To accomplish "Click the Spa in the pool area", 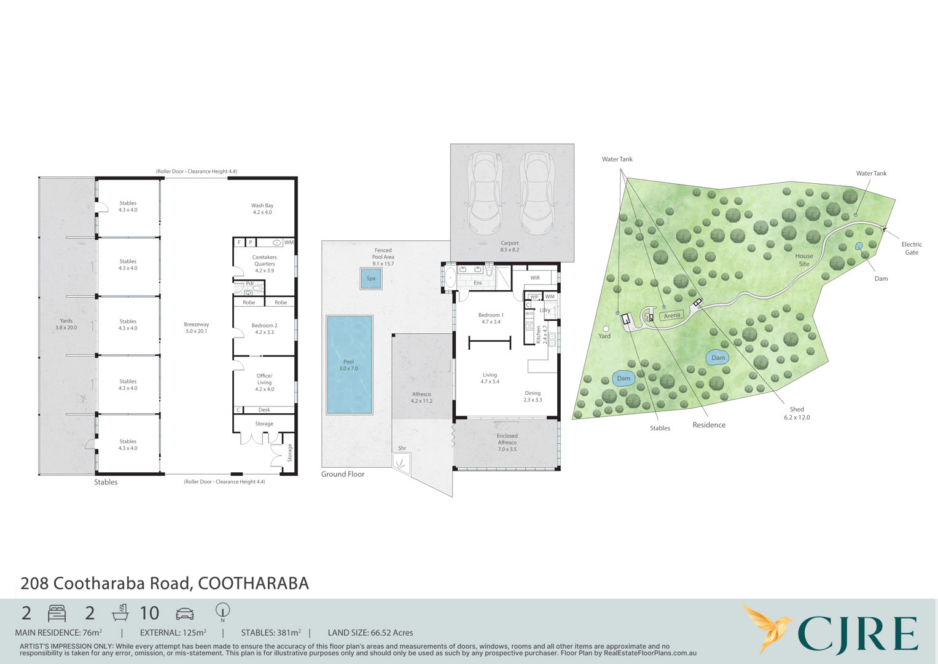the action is [371, 279].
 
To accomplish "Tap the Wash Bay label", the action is [262, 209].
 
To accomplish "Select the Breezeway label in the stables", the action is [197, 327].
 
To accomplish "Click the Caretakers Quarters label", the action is [265, 264].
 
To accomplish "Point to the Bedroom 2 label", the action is [264, 329].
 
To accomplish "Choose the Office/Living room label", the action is [264, 382].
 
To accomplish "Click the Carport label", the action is [510, 246].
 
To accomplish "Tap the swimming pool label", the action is [348, 365].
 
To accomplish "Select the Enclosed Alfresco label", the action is [507, 442].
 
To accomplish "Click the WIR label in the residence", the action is [535, 277].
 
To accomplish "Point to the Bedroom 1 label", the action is [491, 318].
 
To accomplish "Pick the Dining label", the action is [533, 396].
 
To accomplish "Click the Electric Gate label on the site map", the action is [912, 248].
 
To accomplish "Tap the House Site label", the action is [804, 259].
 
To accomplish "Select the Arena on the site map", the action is [671, 315].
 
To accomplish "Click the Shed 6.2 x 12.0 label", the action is [797, 413].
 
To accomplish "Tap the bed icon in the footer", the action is [57, 614].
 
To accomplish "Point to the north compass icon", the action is [222, 612].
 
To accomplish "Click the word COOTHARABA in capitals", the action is [253, 583].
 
